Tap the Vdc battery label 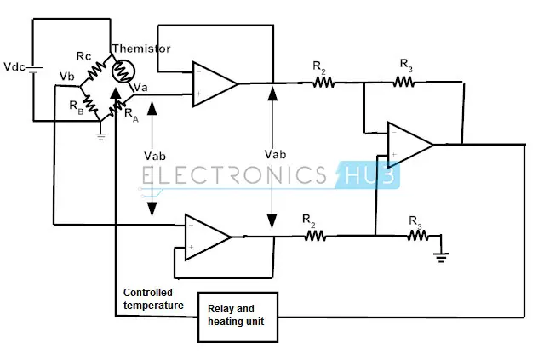[x=15, y=66]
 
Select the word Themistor [x=140, y=49]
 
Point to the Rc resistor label [x=84, y=56]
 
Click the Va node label [x=141, y=86]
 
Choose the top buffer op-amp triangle [x=213, y=83]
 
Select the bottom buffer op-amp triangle [x=207, y=236]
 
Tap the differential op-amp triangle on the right [x=409, y=144]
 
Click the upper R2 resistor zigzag [x=323, y=83]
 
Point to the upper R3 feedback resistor [x=403, y=82]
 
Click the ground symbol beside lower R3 [x=441, y=254]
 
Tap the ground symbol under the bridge [x=100, y=134]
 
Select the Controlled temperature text [x=153, y=299]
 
